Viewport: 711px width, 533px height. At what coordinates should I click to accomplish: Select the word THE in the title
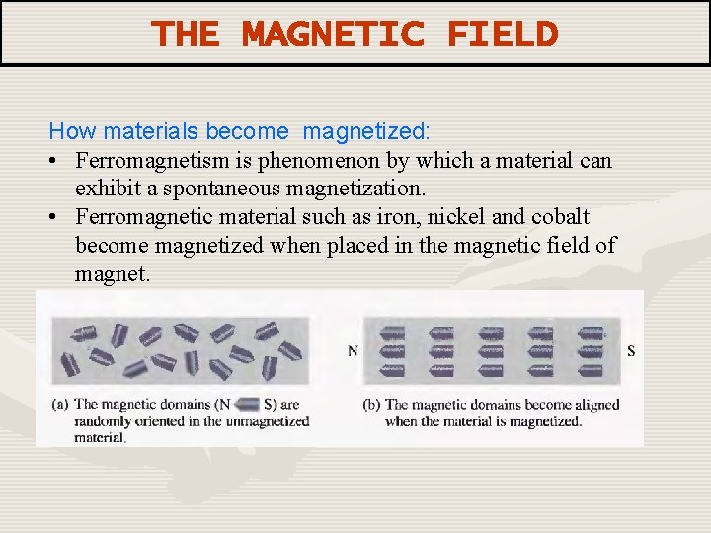186,35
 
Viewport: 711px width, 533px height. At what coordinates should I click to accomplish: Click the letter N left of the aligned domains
353,351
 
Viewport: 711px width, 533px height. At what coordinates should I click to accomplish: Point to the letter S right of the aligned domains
631,351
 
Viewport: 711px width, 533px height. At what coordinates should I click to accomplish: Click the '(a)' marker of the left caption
60,404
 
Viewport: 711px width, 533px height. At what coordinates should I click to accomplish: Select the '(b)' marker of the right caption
371,405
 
